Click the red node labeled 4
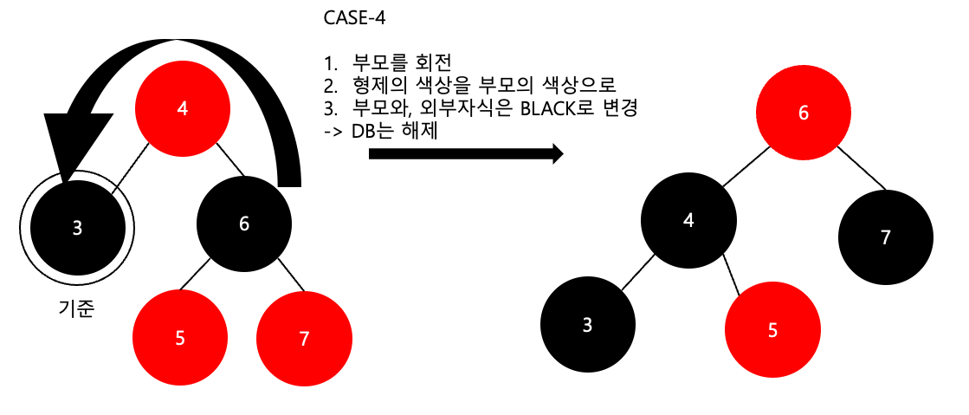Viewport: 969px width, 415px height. click(183, 109)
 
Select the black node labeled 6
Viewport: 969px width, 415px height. click(243, 223)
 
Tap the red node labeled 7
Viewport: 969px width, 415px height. click(304, 338)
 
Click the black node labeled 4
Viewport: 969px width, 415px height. click(688, 219)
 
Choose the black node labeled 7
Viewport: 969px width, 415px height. click(885, 237)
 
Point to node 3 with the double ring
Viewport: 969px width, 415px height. click(77, 228)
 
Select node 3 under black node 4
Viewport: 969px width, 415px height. click(587, 325)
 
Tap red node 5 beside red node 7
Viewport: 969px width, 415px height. click(180, 338)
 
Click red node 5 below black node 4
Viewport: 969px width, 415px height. click(771, 329)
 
